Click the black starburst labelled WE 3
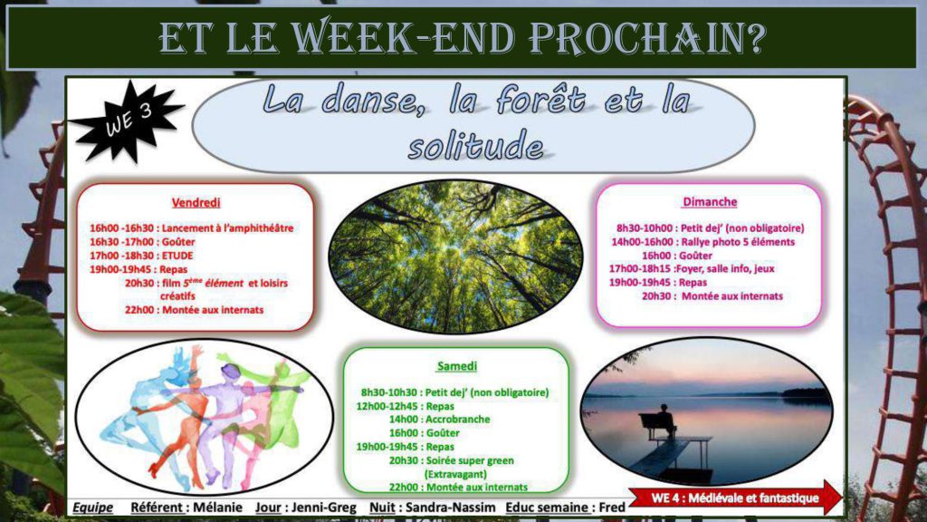pyautogui.click(x=126, y=122)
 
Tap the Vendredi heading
pyautogui.click(x=196, y=202)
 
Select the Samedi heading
pyautogui.click(x=457, y=366)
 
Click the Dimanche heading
pyautogui.click(x=710, y=202)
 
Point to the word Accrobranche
pyautogui.click(x=457, y=419)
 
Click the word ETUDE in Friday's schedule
pyautogui.click(x=177, y=256)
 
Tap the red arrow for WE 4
pyautogui.click(x=735, y=498)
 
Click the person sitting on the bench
pyautogui.click(x=665, y=419)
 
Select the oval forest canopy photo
pyautogui.click(x=456, y=256)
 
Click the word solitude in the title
pyautogui.click(x=476, y=146)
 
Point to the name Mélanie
pyautogui.click(x=217, y=507)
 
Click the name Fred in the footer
pyautogui.click(x=612, y=507)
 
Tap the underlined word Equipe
pyautogui.click(x=93, y=507)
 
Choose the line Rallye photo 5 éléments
pyautogui.click(x=738, y=241)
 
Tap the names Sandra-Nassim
pyautogui.click(x=451, y=507)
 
